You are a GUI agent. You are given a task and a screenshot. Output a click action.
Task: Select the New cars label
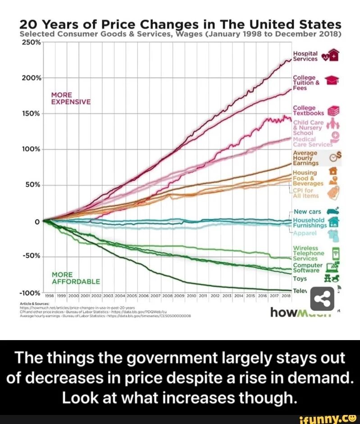pos(307,211)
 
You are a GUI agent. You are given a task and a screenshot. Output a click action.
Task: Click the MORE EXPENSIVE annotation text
pos(71,98)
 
